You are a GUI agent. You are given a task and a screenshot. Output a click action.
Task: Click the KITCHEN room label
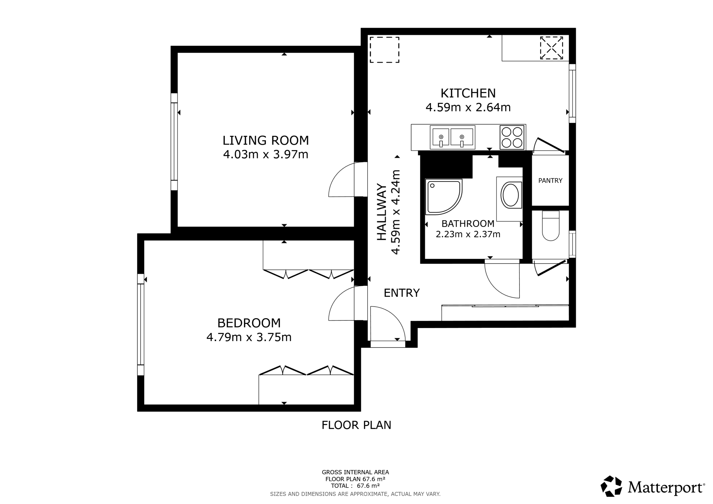pos(468,93)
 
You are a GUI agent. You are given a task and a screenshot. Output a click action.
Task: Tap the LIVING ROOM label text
pos(266,140)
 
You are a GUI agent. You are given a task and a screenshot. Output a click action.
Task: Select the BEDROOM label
pos(249,323)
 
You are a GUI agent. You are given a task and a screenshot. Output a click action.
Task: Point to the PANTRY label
pos(550,181)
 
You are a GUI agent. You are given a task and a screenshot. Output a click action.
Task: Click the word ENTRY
pos(402,293)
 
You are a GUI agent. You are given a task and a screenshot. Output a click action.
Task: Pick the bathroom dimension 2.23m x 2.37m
pos(468,234)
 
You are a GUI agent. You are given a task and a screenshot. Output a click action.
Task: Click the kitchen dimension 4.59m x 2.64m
pos(468,107)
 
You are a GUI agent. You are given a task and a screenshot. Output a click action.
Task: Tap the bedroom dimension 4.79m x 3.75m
pos(249,337)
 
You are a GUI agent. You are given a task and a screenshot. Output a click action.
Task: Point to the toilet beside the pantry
pos(551,226)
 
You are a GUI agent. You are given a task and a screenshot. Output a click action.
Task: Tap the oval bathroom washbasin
pos(510,195)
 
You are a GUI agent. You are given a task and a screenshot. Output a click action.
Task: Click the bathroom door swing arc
pos(495,288)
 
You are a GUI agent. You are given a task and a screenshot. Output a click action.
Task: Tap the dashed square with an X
pos(551,48)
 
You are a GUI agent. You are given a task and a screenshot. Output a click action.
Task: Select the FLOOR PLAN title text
pos(356,425)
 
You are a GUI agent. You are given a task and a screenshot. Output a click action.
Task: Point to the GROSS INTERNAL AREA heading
pos(355,472)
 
